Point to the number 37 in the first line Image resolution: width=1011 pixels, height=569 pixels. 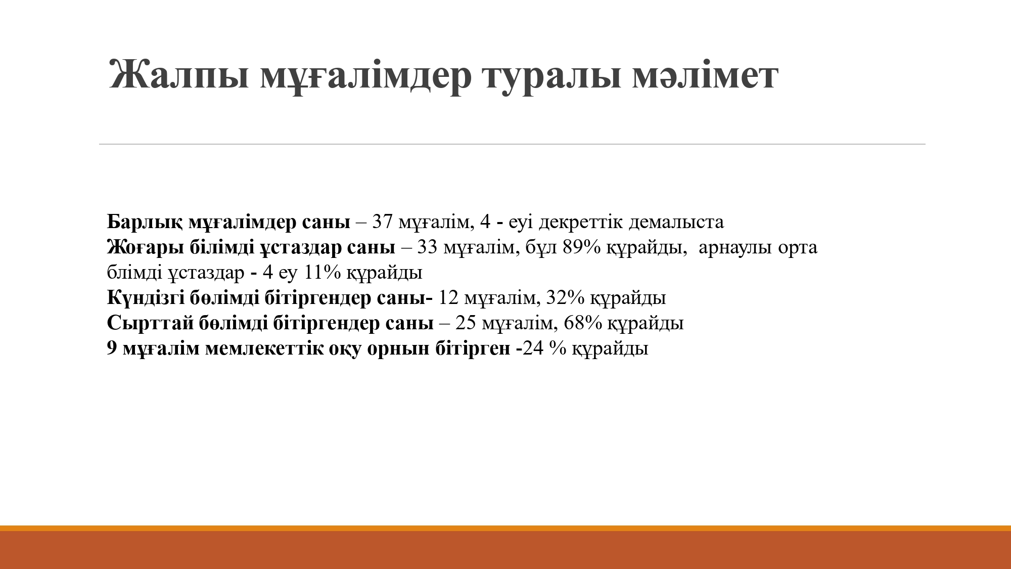[383, 222]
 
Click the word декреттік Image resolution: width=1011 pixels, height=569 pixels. [581, 222]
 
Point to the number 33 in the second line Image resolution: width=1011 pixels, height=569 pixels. [428, 247]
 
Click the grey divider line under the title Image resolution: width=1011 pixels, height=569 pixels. [512, 144]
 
